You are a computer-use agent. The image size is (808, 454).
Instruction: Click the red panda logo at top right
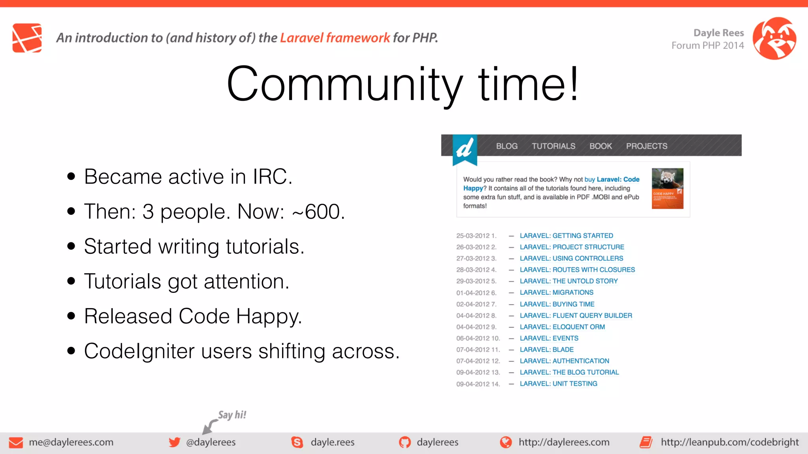point(774,38)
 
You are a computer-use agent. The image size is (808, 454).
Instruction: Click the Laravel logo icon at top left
point(27,38)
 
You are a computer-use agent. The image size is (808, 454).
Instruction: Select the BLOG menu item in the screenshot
point(507,146)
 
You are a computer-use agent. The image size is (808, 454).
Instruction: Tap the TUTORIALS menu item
point(553,146)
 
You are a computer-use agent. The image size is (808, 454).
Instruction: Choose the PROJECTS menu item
point(646,146)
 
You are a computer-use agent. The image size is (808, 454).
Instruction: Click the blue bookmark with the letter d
point(465,149)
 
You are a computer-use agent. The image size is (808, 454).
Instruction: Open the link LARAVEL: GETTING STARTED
point(566,236)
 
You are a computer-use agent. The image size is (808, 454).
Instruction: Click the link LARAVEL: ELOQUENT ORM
point(562,327)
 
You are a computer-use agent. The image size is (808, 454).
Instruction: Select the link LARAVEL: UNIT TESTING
point(558,383)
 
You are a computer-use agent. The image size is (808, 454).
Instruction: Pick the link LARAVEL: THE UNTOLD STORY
point(569,281)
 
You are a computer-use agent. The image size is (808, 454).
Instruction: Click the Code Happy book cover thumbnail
point(667,188)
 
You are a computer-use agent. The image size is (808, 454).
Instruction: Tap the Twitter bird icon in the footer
point(174,442)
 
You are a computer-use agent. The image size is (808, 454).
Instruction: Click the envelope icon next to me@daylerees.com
point(16,442)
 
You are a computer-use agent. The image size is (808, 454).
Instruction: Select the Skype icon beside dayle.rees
point(297,442)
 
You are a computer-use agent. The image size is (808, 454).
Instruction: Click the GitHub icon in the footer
point(405,442)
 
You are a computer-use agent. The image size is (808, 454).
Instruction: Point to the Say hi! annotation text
point(232,415)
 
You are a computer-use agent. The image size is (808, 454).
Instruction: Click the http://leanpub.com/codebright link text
point(729,442)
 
